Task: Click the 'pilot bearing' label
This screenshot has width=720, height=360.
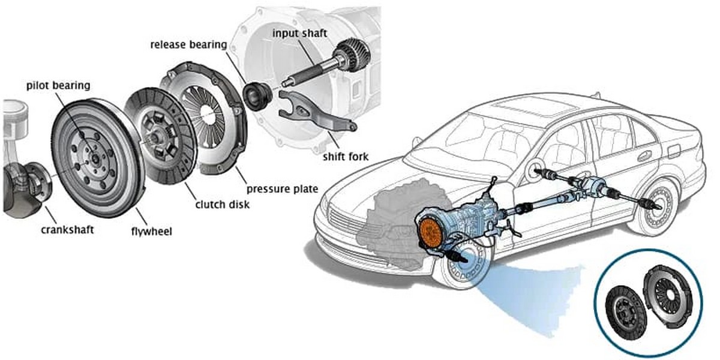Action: pyautogui.click(x=58, y=86)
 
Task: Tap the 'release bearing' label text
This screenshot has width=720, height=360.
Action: pyautogui.click(x=188, y=44)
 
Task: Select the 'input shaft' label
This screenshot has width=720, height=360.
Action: pyautogui.click(x=299, y=32)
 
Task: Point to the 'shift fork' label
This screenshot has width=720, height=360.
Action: pyautogui.click(x=345, y=157)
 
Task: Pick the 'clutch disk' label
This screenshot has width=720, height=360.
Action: pyautogui.click(x=223, y=205)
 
